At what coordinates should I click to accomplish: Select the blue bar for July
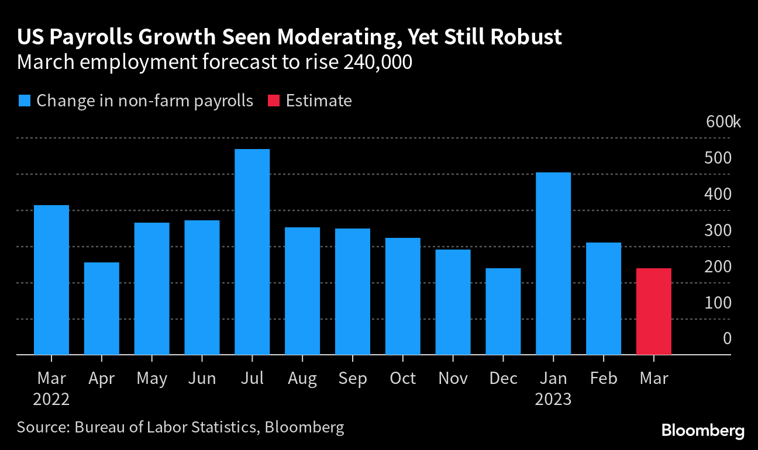point(252,252)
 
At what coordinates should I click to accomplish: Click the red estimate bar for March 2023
point(653,311)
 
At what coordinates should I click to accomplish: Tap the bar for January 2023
point(553,264)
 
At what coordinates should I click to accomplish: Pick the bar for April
point(102,309)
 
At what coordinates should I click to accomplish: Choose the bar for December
point(503,311)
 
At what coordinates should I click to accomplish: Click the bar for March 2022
point(51,280)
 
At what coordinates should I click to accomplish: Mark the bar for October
point(403,296)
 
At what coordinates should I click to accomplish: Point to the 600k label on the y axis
point(723,122)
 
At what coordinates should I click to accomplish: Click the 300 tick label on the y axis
point(719,230)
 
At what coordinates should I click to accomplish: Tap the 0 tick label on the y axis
point(726,338)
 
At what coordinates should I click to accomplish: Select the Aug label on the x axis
point(302,379)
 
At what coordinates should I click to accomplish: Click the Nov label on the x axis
point(453,379)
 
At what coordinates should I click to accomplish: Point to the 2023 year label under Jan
point(553,400)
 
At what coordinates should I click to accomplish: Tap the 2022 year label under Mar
point(51,400)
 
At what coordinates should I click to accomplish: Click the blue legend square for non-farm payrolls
point(24,101)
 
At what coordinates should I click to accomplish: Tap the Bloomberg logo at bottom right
point(702,431)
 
